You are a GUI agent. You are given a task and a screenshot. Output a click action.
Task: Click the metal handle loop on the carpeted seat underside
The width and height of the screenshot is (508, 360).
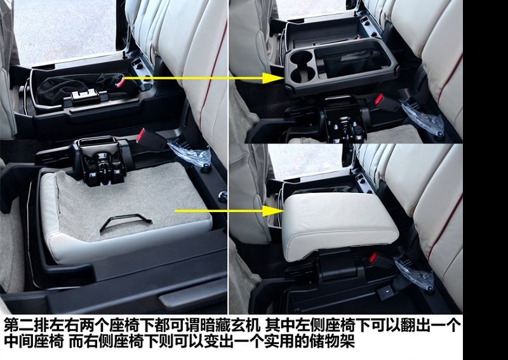pyautogui.click(x=126, y=220)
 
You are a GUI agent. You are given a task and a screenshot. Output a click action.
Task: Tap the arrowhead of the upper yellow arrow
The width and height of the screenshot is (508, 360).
pyautogui.click(x=273, y=78)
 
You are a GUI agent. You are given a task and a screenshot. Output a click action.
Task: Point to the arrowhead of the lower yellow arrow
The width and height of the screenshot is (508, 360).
pyautogui.click(x=273, y=211)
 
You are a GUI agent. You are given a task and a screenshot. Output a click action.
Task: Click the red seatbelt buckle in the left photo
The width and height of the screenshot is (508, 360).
pyautogui.click(x=141, y=135)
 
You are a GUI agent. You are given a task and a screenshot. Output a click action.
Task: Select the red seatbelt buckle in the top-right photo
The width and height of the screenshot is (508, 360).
pyautogui.click(x=378, y=100)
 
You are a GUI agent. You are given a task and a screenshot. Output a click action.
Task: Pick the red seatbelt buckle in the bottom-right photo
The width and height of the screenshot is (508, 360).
pyautogui.click(x=373, y=258)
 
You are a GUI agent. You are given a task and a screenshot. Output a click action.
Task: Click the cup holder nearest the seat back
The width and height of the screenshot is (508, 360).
pyautogui.click(x=302, y=58)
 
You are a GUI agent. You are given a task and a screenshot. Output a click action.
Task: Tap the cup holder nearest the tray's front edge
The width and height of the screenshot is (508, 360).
pyautogui.click(x=303, y=74)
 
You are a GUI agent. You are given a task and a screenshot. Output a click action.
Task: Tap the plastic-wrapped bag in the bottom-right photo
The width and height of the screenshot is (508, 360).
pyautogui.click(x=415, y=272)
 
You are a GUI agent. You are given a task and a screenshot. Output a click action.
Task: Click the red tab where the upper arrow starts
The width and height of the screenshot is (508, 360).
pyautogui.click(x=120, y=83)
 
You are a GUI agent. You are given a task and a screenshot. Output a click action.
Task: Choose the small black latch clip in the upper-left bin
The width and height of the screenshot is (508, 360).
pyautogui.click(x=85, y=96)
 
